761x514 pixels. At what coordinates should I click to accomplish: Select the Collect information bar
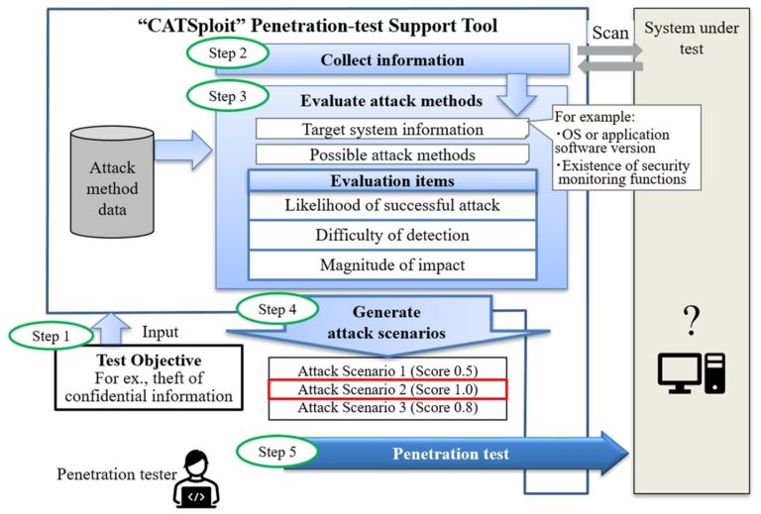tap(392, 60)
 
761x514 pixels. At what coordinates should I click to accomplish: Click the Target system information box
tap(391, 129)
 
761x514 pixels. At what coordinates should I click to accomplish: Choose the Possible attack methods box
tap(391, 154)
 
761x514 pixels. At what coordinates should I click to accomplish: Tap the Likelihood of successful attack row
tap(391, 205)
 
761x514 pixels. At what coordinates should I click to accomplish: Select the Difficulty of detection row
tap(391, 235)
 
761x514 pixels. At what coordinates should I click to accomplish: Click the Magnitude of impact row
tap(391, 264)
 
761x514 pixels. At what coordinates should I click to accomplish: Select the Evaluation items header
tap(391, 181)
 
